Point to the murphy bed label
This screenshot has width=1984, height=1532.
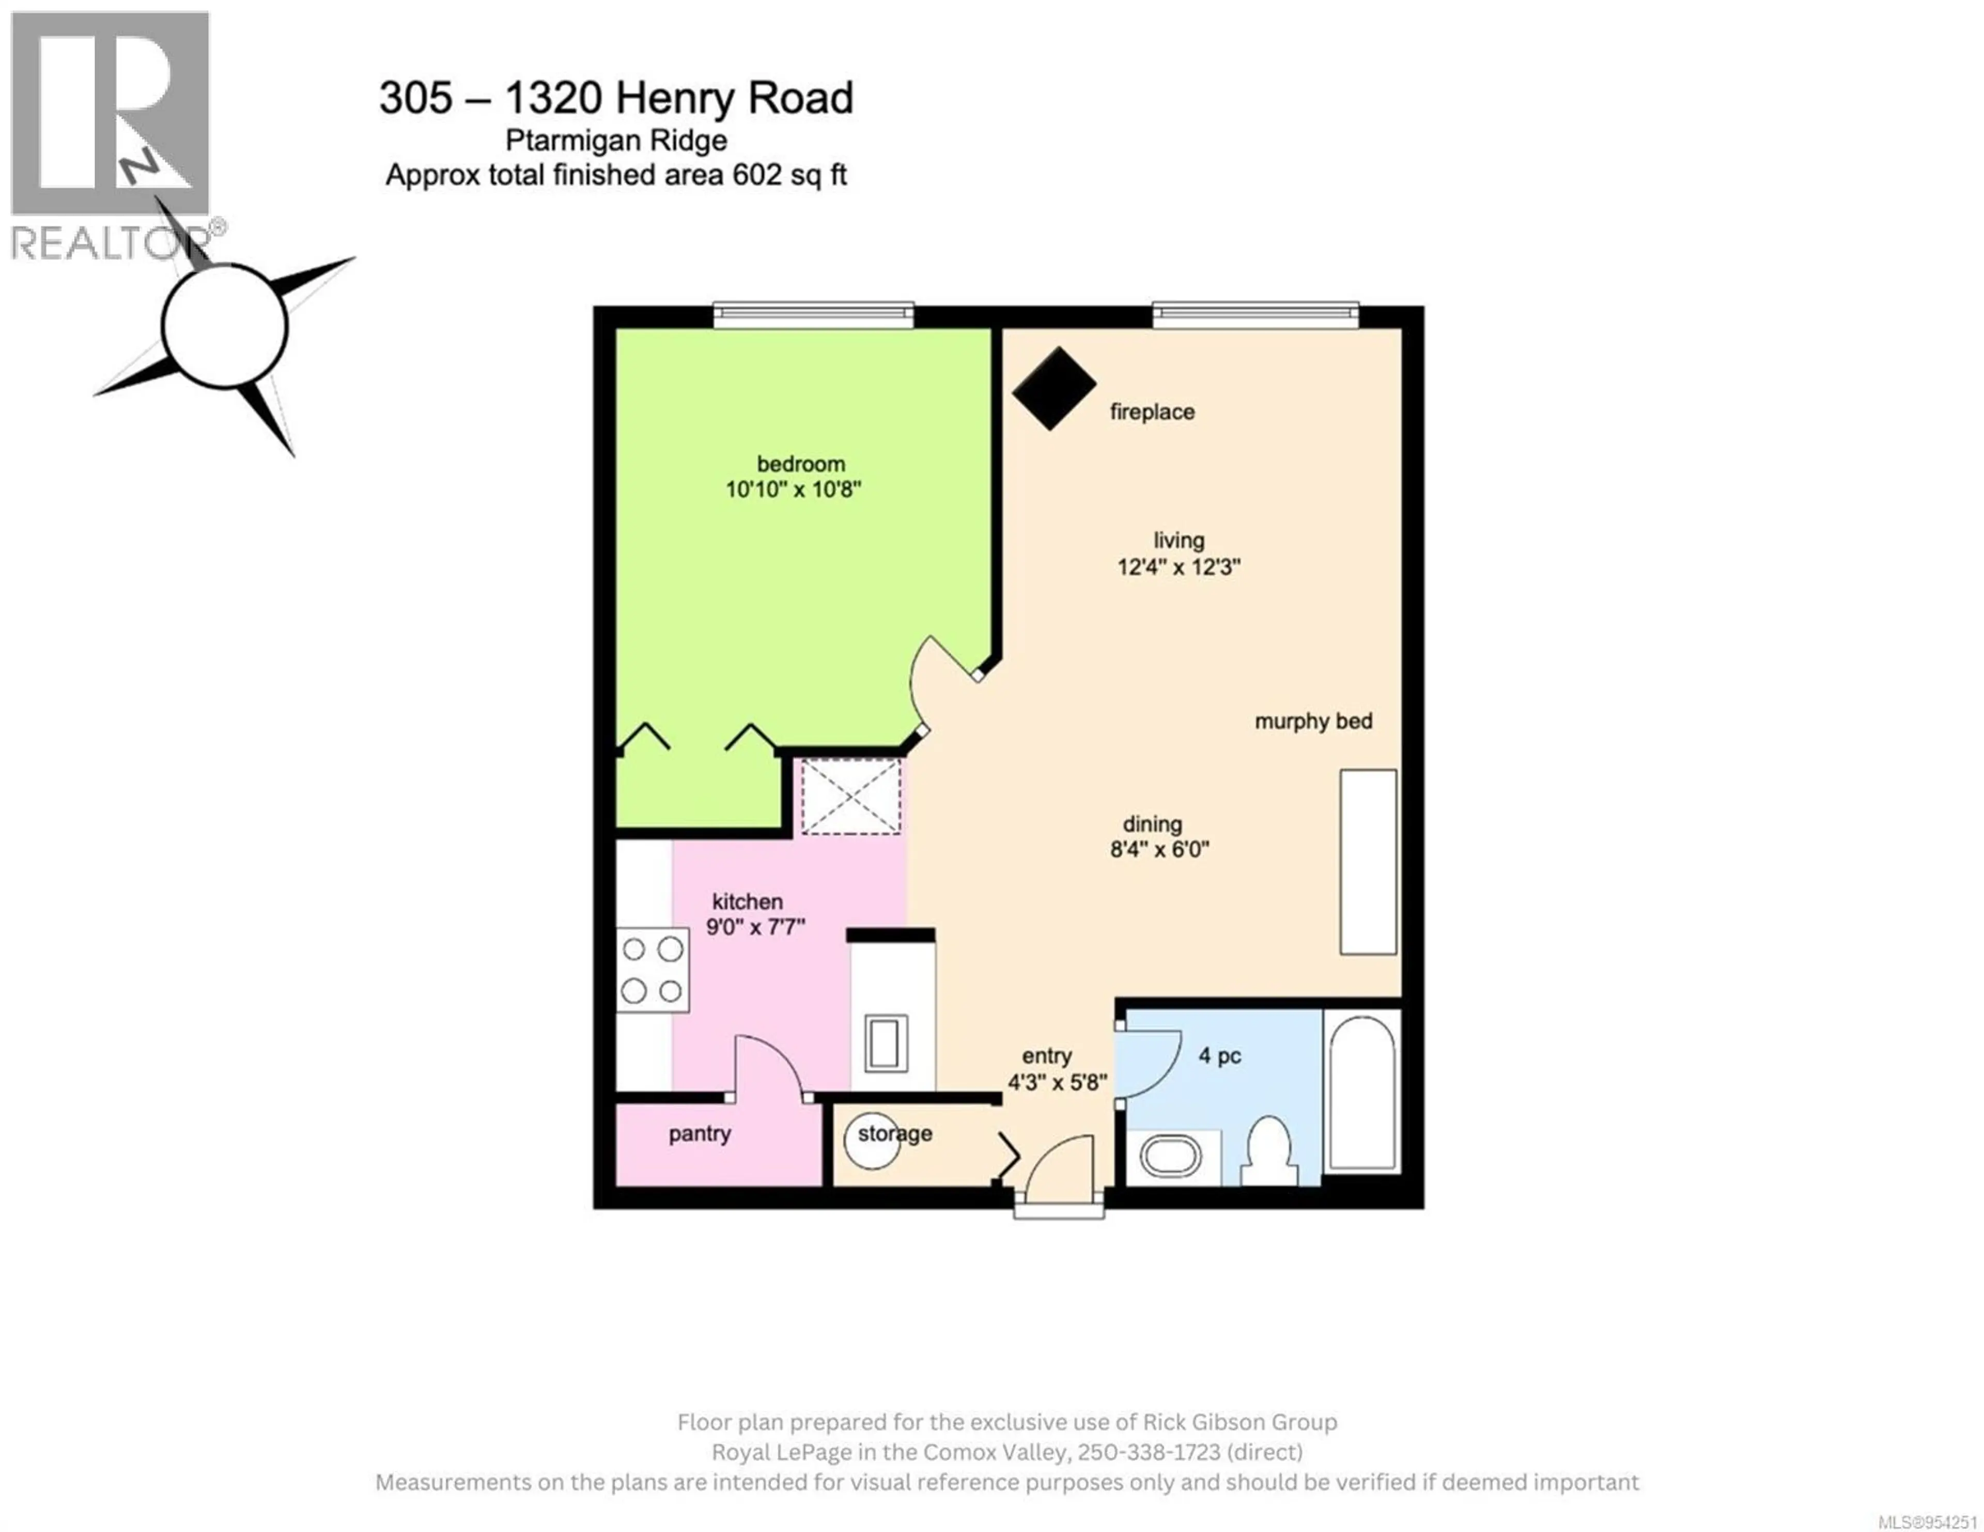1313,721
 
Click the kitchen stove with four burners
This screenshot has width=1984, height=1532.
652,970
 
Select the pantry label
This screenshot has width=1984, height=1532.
699,1133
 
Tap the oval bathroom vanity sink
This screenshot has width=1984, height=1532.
1171,1158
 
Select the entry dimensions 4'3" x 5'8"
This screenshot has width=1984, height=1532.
1057,1082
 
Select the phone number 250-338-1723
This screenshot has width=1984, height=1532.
1148,1452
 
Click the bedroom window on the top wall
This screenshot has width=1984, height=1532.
813,315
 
